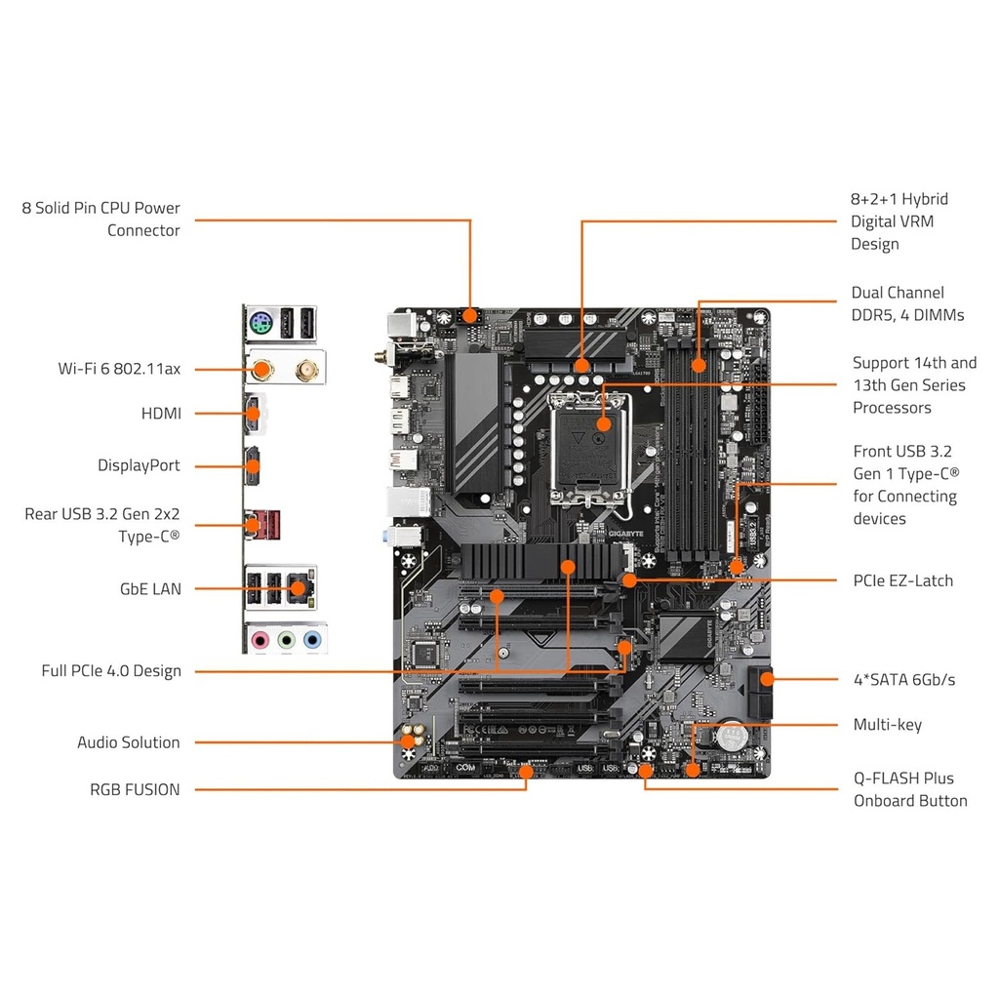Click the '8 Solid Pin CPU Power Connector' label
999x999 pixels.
(x=101, y=220)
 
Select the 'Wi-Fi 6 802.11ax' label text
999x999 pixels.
(x=119, y=369)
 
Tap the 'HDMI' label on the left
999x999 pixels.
(x=161, y=414)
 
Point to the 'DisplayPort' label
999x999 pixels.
(x=139, y=465)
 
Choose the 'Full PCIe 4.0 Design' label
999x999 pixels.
(x=111, y=671)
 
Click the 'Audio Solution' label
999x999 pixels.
(x=129, y=742)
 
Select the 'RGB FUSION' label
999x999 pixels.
(x=135, y=790)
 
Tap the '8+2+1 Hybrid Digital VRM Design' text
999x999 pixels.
(x=899, y=221)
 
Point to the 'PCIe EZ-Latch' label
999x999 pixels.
(x=902, y=580)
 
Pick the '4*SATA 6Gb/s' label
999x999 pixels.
(x=904, y=679)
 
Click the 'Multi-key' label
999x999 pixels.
(x=887, y=725)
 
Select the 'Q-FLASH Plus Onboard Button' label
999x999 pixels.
(x=909, y=790)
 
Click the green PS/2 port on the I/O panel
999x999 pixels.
(x=259, y=323)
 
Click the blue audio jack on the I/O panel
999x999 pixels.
(x=311, y=640)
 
